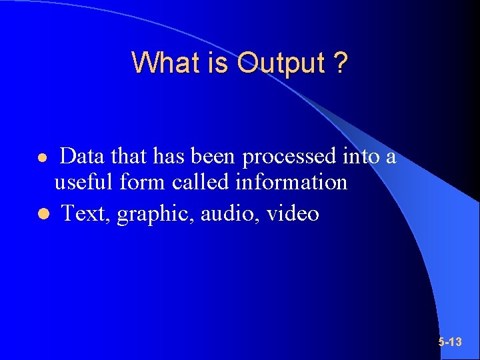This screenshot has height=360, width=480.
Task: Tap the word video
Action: coord(293,213)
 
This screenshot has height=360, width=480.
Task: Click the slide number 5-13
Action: coord(450,342)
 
